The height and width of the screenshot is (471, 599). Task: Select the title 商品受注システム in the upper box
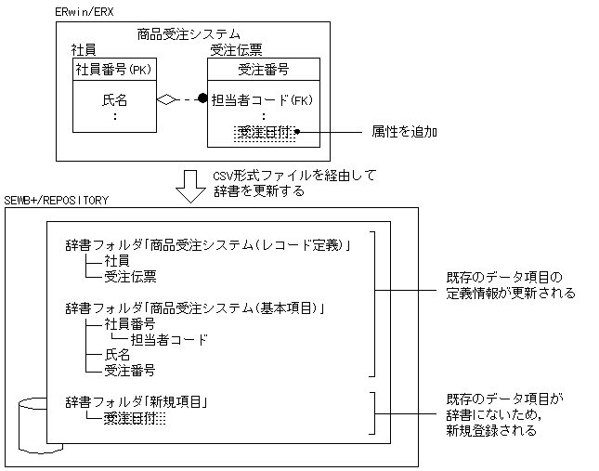coord(189,34)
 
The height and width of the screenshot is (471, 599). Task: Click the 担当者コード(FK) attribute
coord(263,99)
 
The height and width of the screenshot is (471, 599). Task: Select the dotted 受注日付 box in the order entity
coord(265,133)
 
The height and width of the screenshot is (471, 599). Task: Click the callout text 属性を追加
coord(404,133)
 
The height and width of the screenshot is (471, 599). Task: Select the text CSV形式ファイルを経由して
coord(281,176)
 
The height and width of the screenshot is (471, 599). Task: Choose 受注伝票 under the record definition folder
coord(129,276)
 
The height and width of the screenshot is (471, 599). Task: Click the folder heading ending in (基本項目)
coord(200,307)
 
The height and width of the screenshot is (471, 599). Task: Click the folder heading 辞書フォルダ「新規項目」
coord(136,401)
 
